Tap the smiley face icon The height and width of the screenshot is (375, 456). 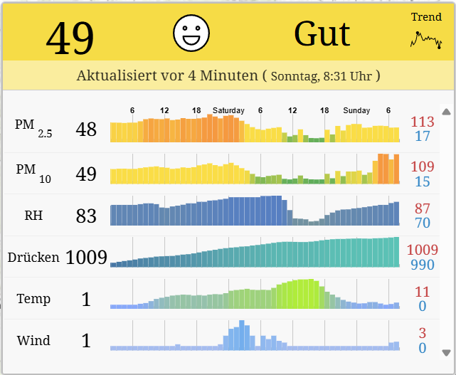tap(191, 33)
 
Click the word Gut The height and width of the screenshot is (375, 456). tap(322, 33)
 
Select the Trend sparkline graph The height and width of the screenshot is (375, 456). tap(426, 40)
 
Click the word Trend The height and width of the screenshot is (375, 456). tap(426, 17)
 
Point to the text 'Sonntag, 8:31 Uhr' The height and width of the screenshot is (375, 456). tap(322, 75)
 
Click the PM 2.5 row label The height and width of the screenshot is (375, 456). tap(33, 128)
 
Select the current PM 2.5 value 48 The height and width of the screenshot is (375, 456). tap(86, 130)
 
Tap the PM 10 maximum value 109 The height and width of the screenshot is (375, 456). tap(423, 167)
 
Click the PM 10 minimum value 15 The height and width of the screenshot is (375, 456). tap(423, 182)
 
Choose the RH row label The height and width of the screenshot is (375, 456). tap(33, 215)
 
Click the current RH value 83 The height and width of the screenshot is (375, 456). tap(86, 216)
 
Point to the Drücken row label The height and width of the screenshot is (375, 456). tap(33, 257)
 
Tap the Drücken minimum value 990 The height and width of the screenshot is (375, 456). tap(423, 265)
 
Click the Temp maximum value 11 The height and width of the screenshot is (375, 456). tap(423, 292)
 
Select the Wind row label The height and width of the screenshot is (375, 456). tap(33, 340)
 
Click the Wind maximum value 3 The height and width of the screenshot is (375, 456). tap(423, 333)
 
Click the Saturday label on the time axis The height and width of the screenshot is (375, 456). tap(228, 110)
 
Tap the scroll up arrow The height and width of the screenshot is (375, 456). tap(446, 112)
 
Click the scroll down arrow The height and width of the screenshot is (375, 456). tap(446, 352)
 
